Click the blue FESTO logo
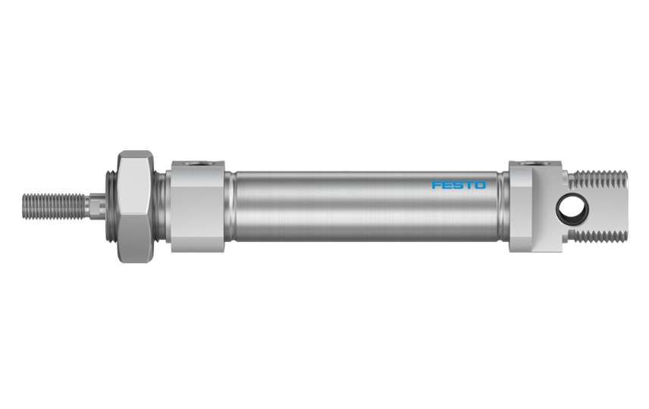pyautogui.click(x=459, y=185)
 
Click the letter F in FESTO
pyautogui.click(x=437, y=185)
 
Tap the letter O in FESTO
pyautogui.click(x=480, y=185)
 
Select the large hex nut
pyautogui.click(x=135, y=207)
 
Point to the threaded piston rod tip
pyautogui.click(x=54, y=206)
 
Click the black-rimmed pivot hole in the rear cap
pyautogui.click(x=572, y=209)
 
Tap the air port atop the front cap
pyautogui.click(x=198, y=163)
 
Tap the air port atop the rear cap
pyautogui.click(x=535, y=163)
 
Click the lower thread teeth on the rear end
pyautogui.click(x=598, y=236)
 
